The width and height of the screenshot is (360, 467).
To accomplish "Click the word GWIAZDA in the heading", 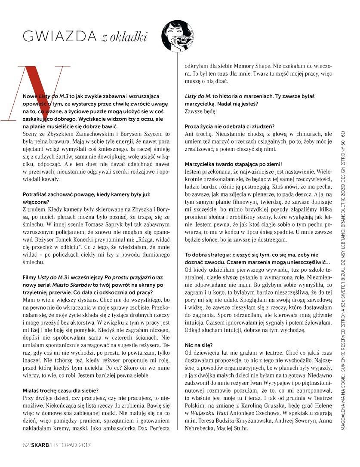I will point(59,37).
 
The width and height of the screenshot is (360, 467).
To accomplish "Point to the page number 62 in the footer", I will point(25,445).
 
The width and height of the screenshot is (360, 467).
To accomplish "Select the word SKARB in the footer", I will point(40,445).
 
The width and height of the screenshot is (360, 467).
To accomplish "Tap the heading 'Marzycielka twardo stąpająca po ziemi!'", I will point(234,164).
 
